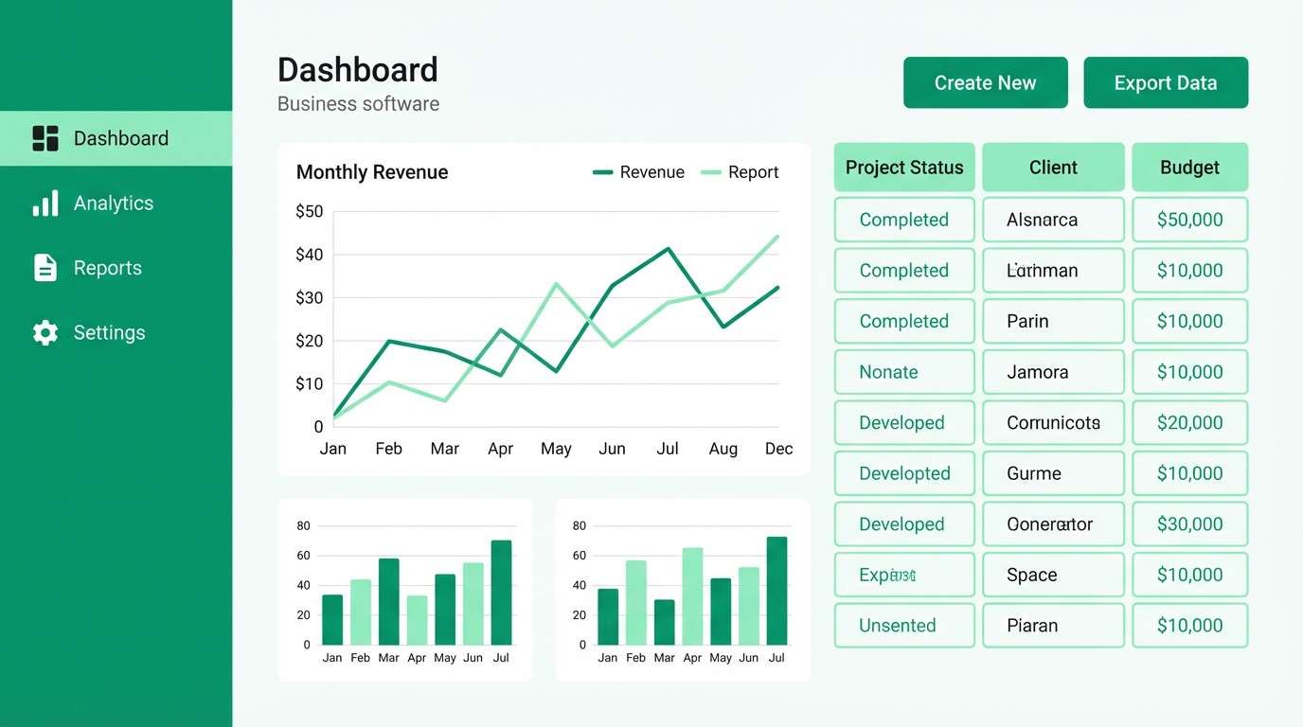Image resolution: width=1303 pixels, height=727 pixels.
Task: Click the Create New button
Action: [x=985, y=82]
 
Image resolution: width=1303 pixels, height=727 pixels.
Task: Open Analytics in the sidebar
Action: [x=114, y=203]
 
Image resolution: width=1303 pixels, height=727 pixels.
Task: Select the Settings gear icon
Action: [x=45, y=332]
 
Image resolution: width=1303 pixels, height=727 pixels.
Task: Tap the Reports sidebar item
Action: [x=107, y=268]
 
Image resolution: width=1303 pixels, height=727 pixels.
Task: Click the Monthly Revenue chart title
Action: [x=371, y=172]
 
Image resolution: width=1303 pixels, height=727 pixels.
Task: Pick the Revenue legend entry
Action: [x=639, y=172]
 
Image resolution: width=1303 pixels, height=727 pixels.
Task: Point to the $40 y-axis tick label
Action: [x=309, y=255]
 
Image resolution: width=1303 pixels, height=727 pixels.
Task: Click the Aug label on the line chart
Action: [x=723, y=449]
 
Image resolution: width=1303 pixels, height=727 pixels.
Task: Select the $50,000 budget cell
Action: [x=1189, y=220]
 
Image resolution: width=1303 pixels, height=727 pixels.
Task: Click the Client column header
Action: [x=1053, y=168]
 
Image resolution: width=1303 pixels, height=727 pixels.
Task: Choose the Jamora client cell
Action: [x=1053, y=372]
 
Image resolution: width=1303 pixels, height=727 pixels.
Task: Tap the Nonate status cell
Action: [x=903, y=372]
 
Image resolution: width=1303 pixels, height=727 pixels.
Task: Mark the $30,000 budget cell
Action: [x=1189, y=524]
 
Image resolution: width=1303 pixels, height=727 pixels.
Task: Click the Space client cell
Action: [x=1053, y=575]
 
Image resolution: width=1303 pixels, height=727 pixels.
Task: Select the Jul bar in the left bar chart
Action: [x=501, y=594]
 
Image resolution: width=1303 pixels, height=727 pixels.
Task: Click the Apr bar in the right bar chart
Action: [x=692, y=596]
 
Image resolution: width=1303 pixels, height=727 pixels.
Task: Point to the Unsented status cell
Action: [x=903, y=626]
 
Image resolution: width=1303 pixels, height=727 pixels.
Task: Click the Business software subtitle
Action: [x=358, y=104]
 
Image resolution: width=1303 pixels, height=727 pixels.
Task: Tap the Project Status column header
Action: [x=903, y=168]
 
